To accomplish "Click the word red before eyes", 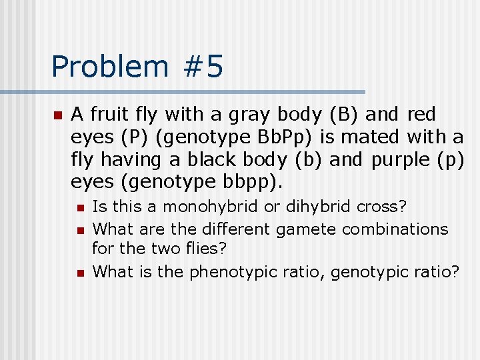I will click(x=421, y=115).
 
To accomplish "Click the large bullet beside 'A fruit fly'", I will click(x=58, y=116).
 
